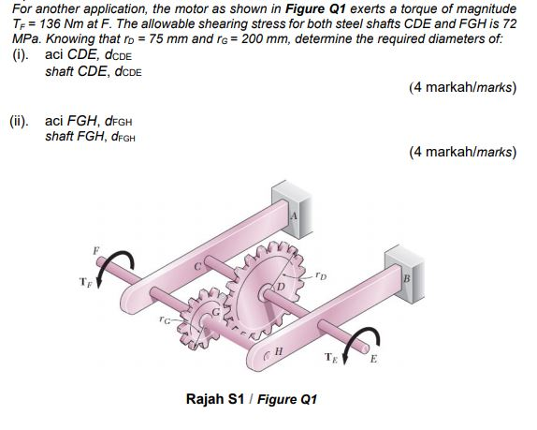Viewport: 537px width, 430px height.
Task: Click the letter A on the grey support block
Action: pyautogui.click(x=293, y=215)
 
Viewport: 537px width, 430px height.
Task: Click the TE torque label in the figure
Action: pyautogui.click(x=330, y=357)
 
